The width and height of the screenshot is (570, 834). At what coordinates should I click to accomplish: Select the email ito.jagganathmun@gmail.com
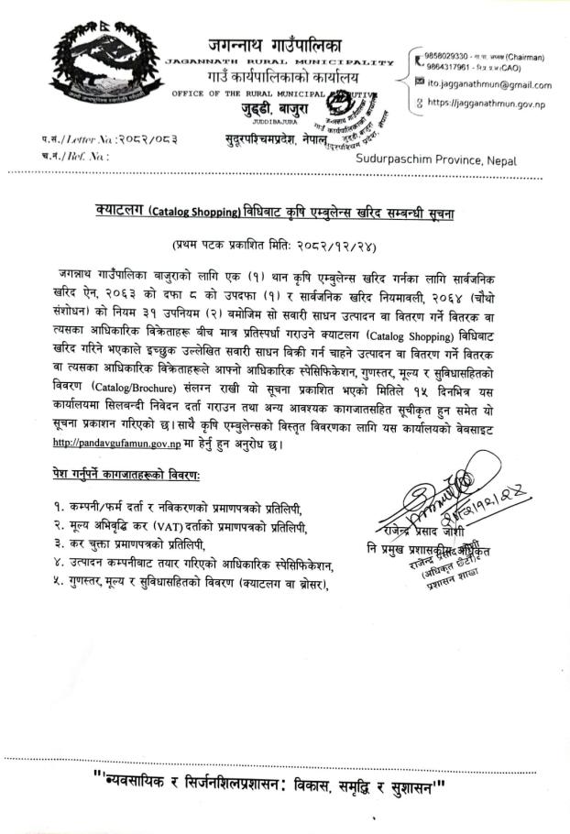click(490, 84)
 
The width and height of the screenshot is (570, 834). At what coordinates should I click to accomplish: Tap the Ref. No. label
click(82, 156)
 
